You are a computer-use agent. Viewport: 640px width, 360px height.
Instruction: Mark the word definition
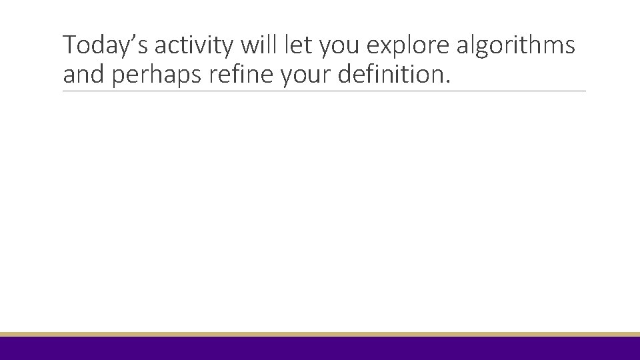(x=389, y=75)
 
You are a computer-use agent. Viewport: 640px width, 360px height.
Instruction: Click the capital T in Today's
(x=69, y=45)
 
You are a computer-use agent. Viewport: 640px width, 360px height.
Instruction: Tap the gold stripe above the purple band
(x=320, y=334)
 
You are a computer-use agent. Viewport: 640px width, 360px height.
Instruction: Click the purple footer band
(x=320, y=349)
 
